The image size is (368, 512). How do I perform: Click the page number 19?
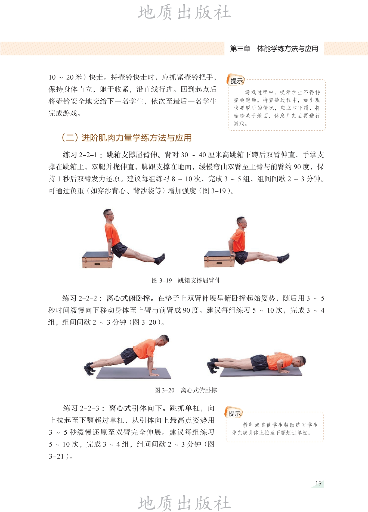[318, 483]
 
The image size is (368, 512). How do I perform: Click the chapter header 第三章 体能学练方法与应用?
[274, 49]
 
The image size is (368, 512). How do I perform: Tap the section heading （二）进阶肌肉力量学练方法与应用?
[126, 138]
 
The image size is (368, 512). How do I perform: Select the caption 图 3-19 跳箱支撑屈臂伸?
[186, 280]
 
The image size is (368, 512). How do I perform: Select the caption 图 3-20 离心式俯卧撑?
[186, 390]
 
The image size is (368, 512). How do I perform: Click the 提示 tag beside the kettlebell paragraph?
[236, 80]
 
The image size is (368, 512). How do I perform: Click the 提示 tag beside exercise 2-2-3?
[234, 413]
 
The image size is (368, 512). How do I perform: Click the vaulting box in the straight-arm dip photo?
[97, 260]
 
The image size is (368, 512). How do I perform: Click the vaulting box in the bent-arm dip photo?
[219, 259]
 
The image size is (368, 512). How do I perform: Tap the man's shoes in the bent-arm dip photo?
[283, 258]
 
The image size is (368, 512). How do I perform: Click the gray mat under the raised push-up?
[134, 373]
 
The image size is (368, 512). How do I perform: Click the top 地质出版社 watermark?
[184, 12]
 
